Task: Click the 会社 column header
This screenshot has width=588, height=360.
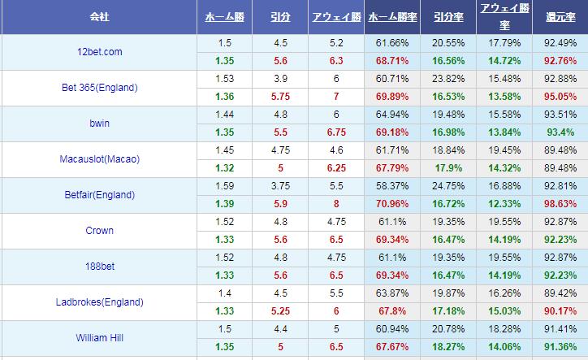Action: (98, 16)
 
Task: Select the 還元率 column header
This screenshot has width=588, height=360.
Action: (560, 16)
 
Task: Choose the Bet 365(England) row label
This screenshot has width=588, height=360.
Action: (99, 88)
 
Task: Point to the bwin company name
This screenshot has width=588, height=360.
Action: (98, 124)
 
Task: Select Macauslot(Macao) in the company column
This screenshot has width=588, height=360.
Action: (99, 159)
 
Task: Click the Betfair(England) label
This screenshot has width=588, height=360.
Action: (98, 195)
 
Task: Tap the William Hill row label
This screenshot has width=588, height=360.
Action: (98, 338)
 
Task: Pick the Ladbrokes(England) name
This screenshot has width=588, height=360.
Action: (99, 302)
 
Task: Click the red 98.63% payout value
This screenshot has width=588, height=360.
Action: (560, 204)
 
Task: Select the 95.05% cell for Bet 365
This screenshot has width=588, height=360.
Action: (560, 97)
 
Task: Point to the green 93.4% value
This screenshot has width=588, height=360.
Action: (560, 132)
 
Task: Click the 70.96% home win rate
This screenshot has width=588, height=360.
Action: (392, 204)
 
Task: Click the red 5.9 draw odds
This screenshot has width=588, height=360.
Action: (281, 204)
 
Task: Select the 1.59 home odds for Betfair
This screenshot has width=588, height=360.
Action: (223, 186)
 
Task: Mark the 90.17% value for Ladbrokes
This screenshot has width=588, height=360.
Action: (560, 311)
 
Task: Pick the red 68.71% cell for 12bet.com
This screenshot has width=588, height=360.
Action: (392, 61)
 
